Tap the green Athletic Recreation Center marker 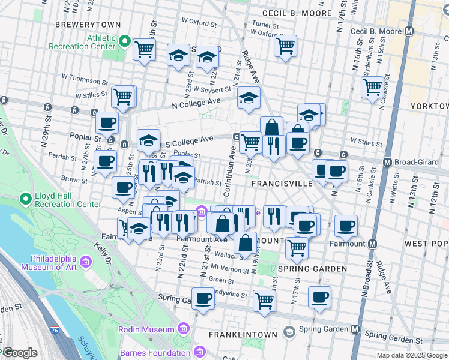[x=125, y=41]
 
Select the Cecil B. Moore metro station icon [x=409, y=31]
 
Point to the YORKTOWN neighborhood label [x=429, y=106]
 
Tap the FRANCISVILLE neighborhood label [x=282, y=183]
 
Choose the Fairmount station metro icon [x=372, y=244]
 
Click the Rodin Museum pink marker [x=183, y=328]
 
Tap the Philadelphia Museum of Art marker [x=85, y=262]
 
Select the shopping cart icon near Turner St [x=286, y=45]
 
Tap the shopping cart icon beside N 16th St [x=372, y=88]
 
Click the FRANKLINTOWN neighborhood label [x=243, y=334]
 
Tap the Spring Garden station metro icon [x=355, y=329]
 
